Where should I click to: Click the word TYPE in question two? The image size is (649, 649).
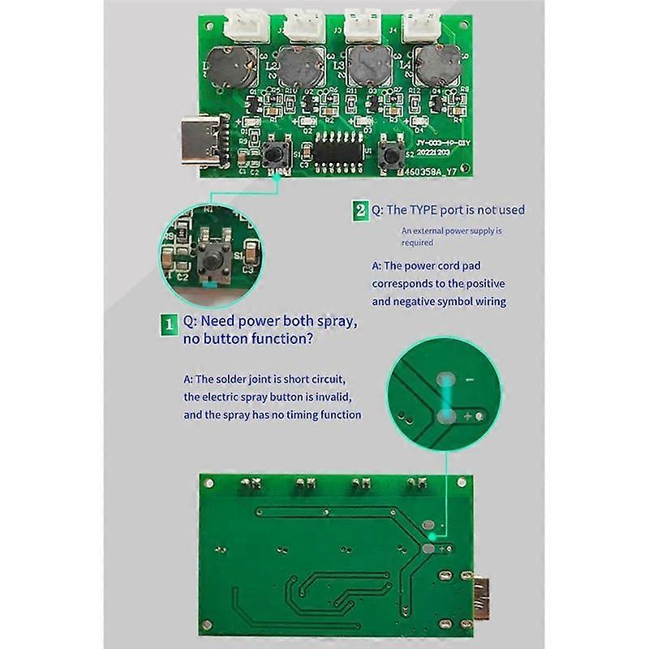tap(427, 210)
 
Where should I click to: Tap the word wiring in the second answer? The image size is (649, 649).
tap(487, 301)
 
